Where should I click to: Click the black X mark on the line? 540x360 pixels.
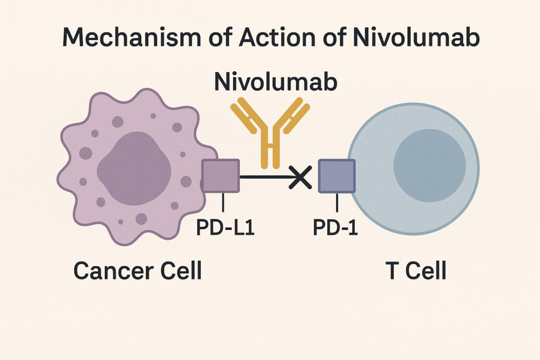[x=301, y=177]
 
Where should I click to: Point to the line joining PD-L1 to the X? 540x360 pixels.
[x=264, y=177]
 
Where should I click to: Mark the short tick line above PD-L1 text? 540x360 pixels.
[x=224, y=202]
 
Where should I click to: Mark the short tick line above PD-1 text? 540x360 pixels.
[x=336, y=202]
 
